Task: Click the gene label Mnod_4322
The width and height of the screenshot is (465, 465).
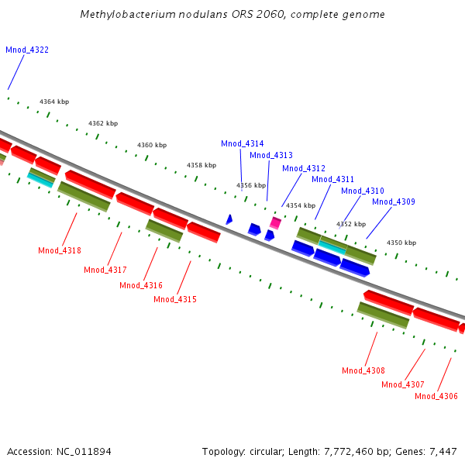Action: click(x=27, y=50)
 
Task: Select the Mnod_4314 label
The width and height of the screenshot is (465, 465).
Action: click(x=242, y=143)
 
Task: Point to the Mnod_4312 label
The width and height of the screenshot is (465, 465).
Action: click(x=304, y=168)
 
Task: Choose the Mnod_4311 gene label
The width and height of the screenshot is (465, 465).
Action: click(x=332, y=179)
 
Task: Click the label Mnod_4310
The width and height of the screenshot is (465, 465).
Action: click(x=363, y=191)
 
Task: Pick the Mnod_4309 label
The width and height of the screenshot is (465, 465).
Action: click(x=394, y=201)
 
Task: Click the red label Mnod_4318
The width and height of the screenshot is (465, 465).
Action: click(x=60, y=250)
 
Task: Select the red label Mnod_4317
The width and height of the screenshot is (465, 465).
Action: click(x=105, y=270)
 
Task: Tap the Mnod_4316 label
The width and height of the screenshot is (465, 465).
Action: click(x=141, y=285)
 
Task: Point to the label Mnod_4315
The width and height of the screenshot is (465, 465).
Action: click(x=175, y=299)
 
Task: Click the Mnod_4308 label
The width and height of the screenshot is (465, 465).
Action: click(x=363, y=370)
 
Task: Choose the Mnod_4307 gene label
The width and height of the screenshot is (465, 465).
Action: click(x=403, y=384)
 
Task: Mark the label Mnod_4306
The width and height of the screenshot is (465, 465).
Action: click(x=436, y=396)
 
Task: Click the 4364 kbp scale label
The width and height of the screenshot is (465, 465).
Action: click(x=54, y=102)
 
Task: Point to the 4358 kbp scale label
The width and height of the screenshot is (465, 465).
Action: click(x=201, y=165)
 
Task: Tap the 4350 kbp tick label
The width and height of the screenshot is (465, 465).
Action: click(x=401, y=243)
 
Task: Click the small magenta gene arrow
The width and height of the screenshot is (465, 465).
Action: click(x=275, y=223)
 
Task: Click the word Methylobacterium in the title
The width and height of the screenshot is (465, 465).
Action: click(x=123, y=15)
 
